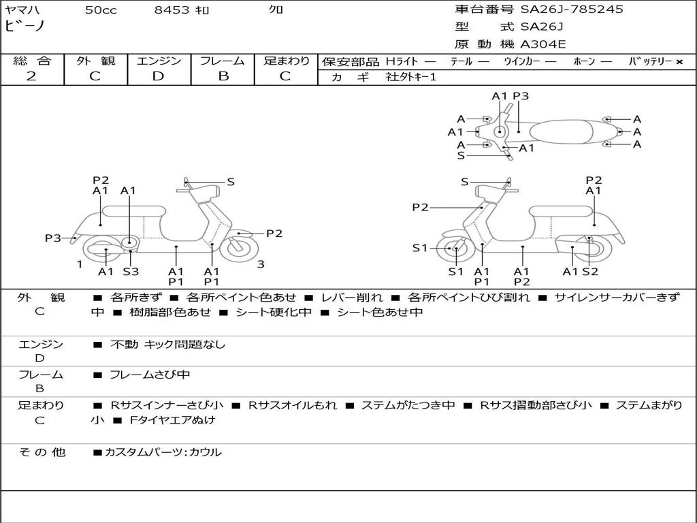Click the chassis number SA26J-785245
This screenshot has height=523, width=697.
[x=572, y=10]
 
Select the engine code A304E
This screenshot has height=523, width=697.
[x=543, y=45]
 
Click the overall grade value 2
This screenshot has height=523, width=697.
[x=31, y=76]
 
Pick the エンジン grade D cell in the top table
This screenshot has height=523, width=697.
[x=159, y=76]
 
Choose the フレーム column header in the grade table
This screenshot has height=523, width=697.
[x=223, y=61]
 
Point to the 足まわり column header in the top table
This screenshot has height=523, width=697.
[x=286, y=61]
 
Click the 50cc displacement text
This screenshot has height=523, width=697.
[x=101, y=10]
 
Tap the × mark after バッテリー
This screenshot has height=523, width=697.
[x=679, y=61]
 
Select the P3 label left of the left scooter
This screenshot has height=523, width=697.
[x=53, y=238]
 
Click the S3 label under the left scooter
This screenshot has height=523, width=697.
[x=131, y=272]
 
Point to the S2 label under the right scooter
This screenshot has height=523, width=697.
[x=590, y=272]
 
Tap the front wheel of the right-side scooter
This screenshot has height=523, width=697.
[x=454, y=249]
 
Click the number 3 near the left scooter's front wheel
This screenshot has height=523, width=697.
[x=261, y=264]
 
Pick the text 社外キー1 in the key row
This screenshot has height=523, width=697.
[x=411, y=77]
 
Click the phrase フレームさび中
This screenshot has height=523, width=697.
[x=150, y=375]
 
